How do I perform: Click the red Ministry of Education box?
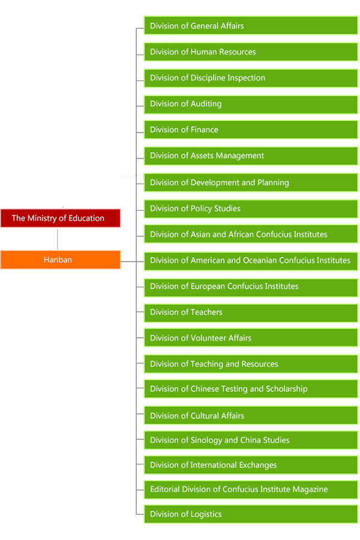pyautogui.click(x=60, y=218)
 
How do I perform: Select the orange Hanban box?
pyautogui.click(x=60, y=260)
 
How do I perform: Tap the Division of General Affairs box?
pyautogui.click(x=251, y=26)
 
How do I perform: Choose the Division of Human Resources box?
pyautogui.click(x=251, y=52)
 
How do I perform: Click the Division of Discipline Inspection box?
pyautogui.click(x=251, y=78)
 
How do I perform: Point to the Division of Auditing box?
pyautogui.click(x=251, y=104)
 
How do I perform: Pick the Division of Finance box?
pyautogui.click(x=251, y=130)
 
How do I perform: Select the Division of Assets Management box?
pyautogui.click(x=251, y=156)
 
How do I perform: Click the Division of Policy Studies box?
pyautogui.click(x=251, y=209)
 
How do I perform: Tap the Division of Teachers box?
pyautogui.click(x=251, y=312)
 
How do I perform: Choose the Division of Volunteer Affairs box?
pyautogui.click(x=251, y=338)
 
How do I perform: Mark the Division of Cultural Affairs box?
pyautogui.click(x=251, y=416)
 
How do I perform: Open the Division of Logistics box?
pyautogui.click(x=251, y=514)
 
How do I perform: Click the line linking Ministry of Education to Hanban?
pyautogui.click(x=58, y=239)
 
